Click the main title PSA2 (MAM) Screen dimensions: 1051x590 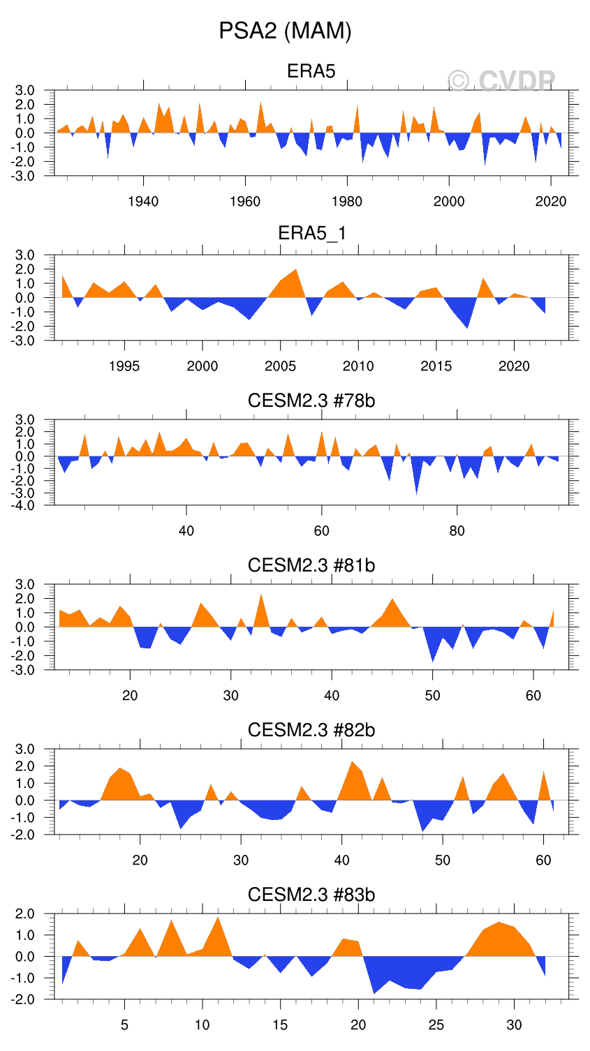pos(285,31)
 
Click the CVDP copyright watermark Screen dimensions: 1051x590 pos(501,82)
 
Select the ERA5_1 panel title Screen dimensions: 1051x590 pos(311,233)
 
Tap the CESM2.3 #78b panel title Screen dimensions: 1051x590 pos(311,401)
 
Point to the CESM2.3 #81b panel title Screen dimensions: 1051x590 pos(311,565)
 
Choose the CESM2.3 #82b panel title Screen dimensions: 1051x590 pos(311,730)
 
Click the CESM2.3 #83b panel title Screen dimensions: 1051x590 pos(311,895)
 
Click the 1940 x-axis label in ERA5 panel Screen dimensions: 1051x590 pos(143,202)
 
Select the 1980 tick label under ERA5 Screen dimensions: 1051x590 pos(347,202)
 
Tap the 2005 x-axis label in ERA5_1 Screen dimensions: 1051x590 pos(280,366)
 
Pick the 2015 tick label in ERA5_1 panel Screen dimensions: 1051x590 pos(436,366)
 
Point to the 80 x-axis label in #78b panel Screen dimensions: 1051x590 pos(457,531)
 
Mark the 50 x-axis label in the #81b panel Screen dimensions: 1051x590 pos(433,696)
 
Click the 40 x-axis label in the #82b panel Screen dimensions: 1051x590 pos(342,860)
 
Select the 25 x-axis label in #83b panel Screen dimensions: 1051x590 pos(436,1025)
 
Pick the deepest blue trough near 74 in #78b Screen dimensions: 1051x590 pos(417,490)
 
